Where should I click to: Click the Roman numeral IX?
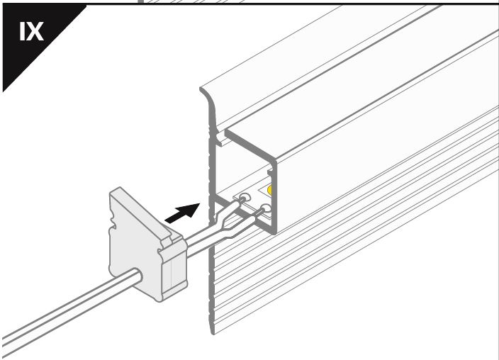pos(31,31)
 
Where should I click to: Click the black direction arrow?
pos(182,213)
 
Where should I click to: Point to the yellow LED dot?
pos(270,191)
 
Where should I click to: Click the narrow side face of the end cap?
pos(174,271)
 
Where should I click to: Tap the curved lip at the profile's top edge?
pos(208,96)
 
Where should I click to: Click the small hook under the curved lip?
pos(220,140)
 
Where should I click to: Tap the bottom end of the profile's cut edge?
pos(213,332)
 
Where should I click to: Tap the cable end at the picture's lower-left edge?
pos(3,345)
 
